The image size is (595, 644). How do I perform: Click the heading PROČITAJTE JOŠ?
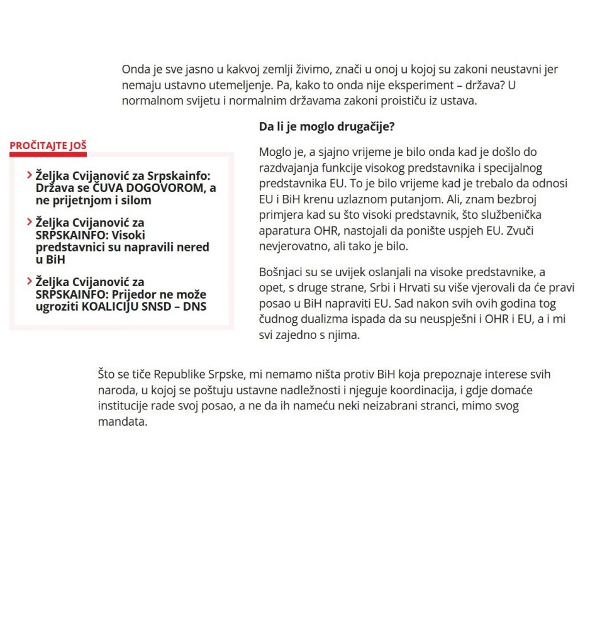48,146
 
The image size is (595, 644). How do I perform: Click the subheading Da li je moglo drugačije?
326,126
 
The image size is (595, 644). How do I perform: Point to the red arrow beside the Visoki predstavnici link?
30,223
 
